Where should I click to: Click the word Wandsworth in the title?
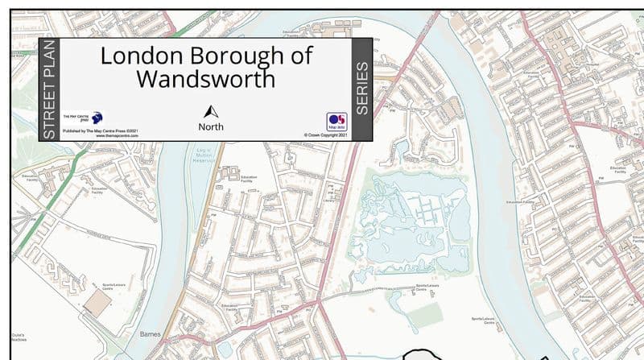[205, 79]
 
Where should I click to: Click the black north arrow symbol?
[211, 112]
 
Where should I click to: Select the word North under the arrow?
[211, 126]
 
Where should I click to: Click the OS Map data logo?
[336, 121]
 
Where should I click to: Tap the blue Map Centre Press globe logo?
[96, 118]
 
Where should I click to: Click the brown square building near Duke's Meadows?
[99, 303]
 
